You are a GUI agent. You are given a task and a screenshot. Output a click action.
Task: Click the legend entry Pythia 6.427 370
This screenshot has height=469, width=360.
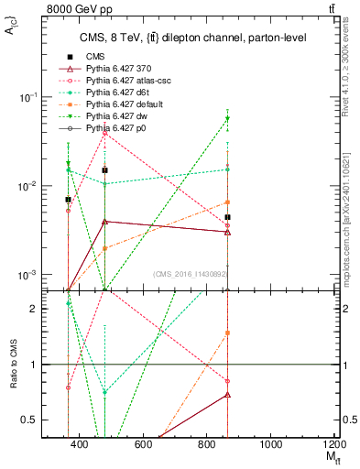[x=115, y=70]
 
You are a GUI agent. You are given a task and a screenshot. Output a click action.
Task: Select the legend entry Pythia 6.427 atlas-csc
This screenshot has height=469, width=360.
[x=124, y=82]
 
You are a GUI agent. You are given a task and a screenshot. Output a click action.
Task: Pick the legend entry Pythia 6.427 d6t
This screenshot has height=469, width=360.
[x=115, y=93]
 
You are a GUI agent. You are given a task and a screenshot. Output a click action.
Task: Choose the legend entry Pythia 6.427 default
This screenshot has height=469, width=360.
[x=121, y=105]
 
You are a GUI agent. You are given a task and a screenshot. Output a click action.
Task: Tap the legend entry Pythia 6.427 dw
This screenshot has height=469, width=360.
[x=115, y=117]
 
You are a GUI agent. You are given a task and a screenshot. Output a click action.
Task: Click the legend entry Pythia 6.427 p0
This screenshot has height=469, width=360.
[x=115, y=129]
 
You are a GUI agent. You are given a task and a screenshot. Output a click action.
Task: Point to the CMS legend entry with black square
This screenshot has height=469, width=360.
[x=96, y=58]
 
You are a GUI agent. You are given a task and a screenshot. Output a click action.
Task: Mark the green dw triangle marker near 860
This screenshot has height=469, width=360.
[x=227, y=119]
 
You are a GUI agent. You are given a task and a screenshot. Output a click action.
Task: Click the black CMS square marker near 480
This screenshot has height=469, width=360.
[x=105, y=170]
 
